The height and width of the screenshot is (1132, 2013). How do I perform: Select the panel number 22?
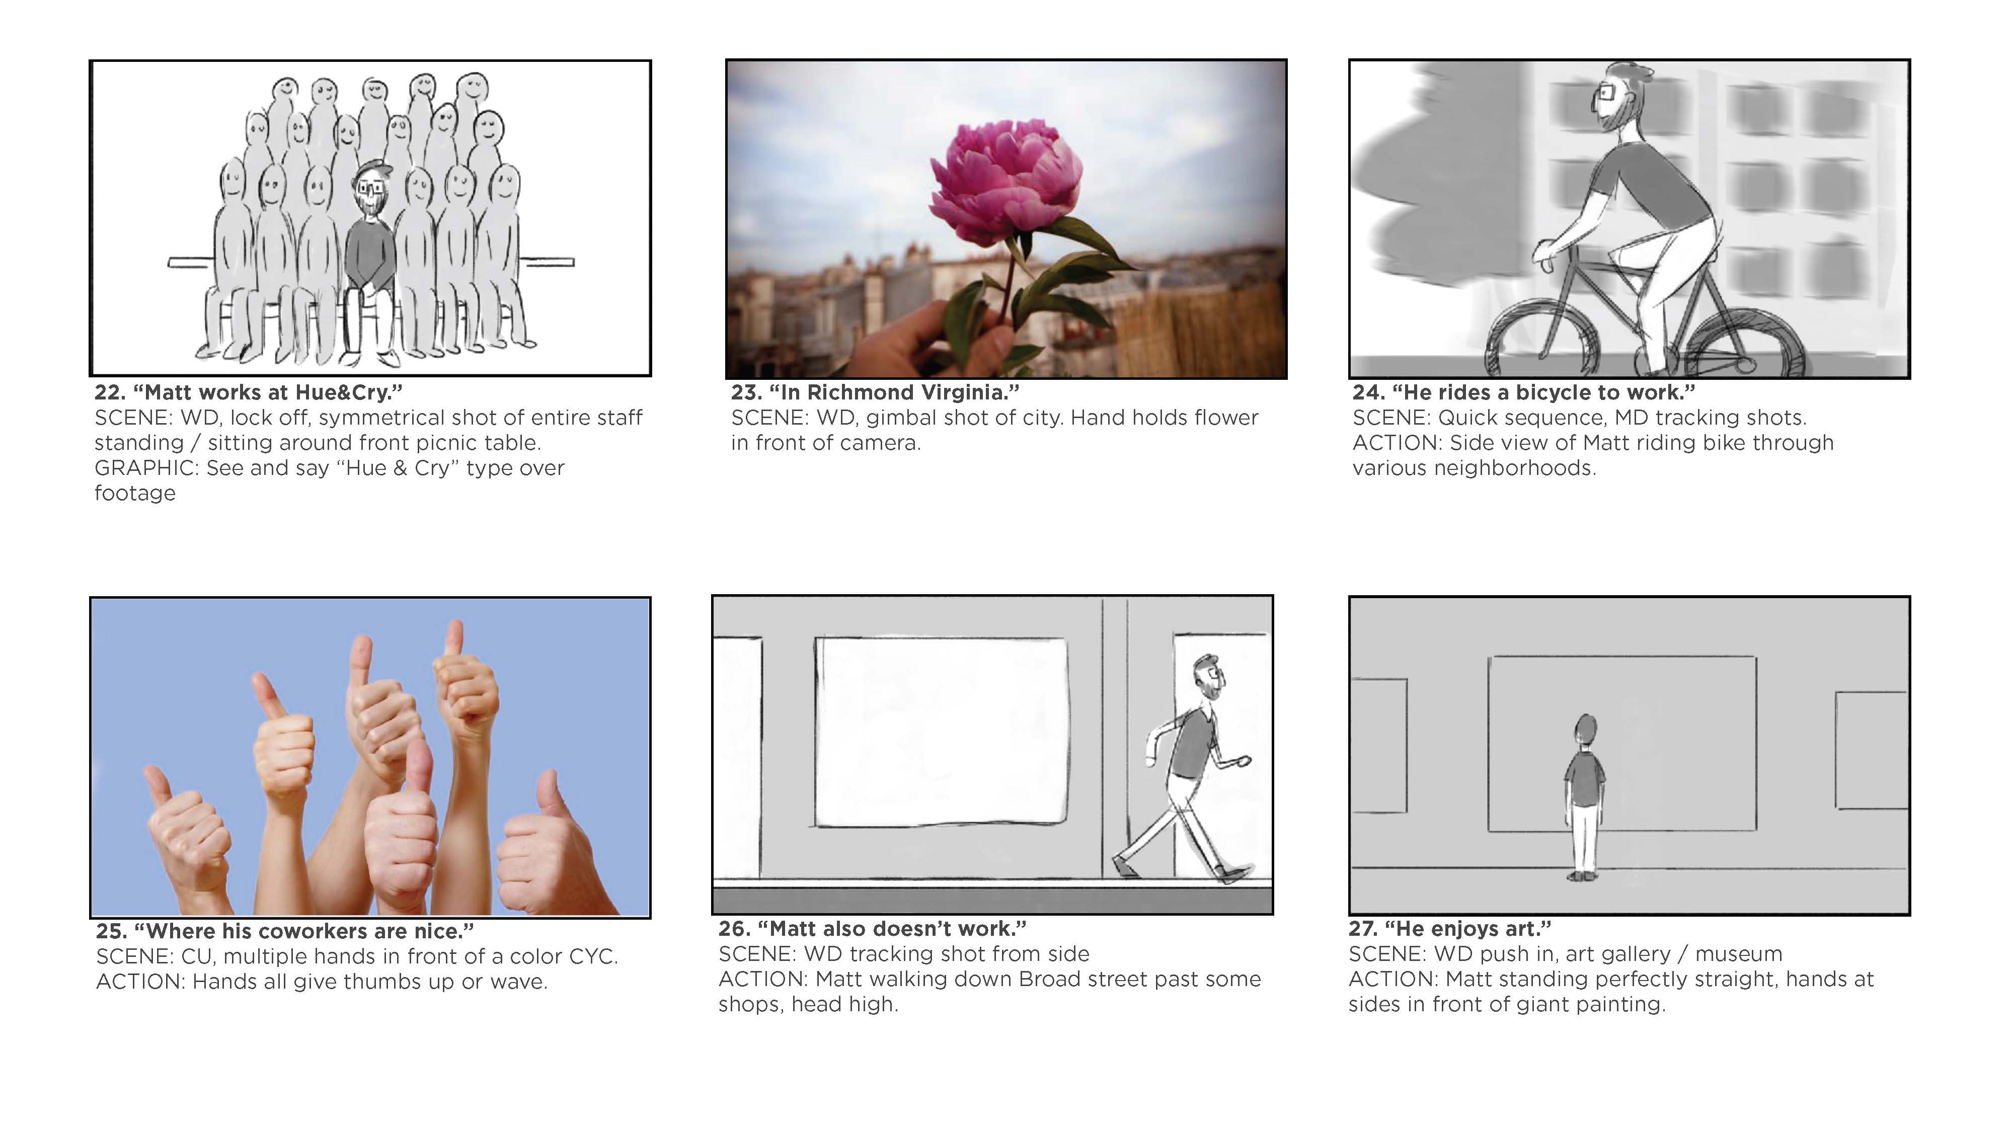click(110, 392)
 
